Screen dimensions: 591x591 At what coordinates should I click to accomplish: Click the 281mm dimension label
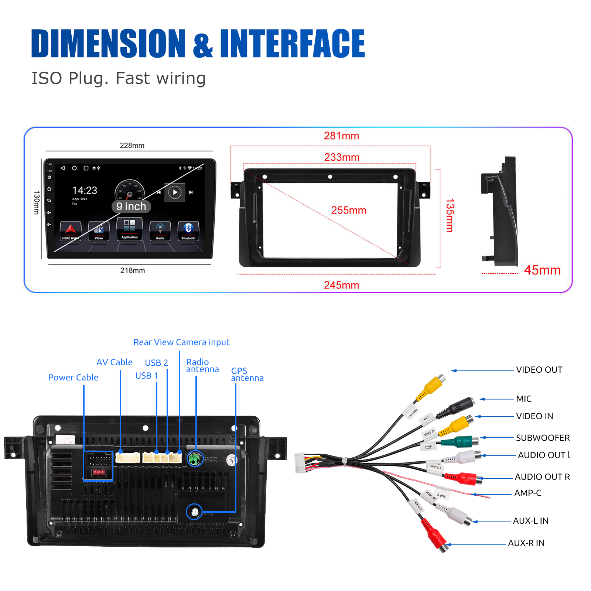coord(341,136)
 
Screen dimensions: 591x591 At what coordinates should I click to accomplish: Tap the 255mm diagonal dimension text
coord(348,210)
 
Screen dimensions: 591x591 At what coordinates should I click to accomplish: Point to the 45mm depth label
coord(542,270)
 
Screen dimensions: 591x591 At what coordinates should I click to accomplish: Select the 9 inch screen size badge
coord(131,206)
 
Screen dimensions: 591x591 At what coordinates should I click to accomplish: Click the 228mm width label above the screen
coord(132,146)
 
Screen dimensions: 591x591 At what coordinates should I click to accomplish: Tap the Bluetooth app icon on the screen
coord(188,231)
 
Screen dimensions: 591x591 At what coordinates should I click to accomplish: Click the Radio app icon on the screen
coord(160,231)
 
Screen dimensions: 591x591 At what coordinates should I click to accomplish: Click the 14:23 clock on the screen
coord(85,190)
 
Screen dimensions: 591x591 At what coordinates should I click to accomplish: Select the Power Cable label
coord(73,378)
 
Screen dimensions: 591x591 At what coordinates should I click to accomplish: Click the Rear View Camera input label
coord(181,342)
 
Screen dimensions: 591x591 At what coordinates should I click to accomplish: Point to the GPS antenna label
coord(247,374)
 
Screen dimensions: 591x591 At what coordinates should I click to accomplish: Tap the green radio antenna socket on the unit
coord(194,459)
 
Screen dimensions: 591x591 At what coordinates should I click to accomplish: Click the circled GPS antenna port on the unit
coord(194,512)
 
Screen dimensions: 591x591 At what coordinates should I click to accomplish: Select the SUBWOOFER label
coord(543,438)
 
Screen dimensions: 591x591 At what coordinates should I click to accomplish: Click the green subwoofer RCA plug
coord(460,441)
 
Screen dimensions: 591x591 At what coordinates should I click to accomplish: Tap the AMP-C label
coord(527,493)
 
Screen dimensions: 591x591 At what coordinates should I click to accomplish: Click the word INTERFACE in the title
coord(292,44)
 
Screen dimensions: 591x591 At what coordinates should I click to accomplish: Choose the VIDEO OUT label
coord(539,370)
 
